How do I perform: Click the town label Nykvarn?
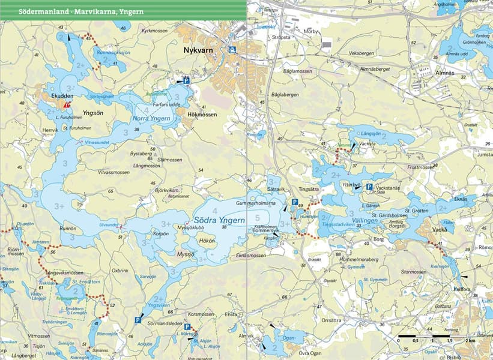click(198, 51)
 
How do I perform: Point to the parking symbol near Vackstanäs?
click(369, 187)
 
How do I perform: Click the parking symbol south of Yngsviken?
click(138, 320)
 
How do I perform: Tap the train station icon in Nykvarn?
click(232, 50)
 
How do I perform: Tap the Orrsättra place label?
click(334, 320)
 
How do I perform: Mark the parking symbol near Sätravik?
click(294, 202)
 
